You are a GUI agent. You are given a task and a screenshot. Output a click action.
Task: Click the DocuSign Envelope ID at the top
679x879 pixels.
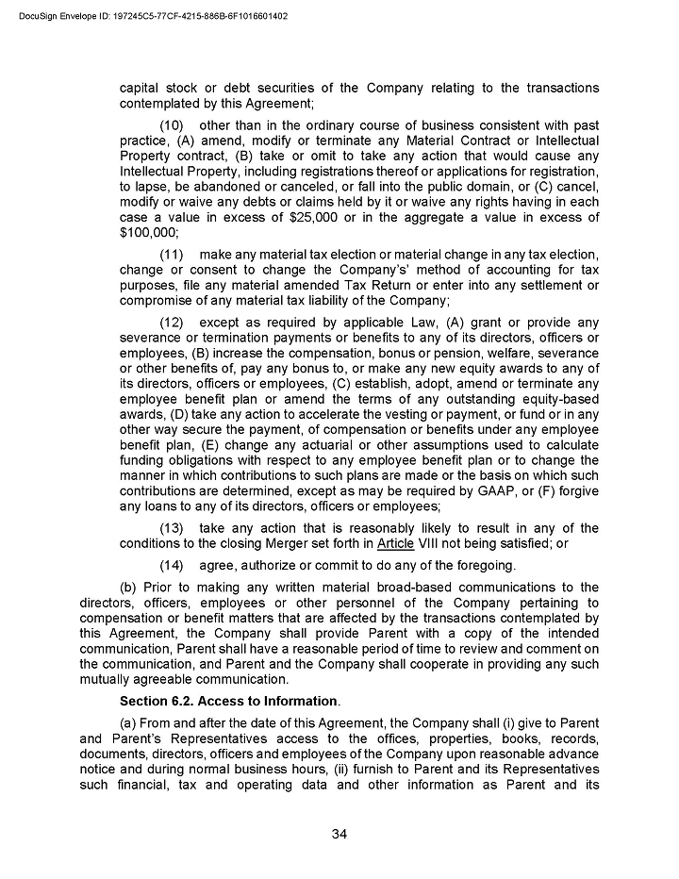tap(153, 17)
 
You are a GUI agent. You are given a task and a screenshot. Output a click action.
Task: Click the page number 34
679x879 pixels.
tap(339, 834)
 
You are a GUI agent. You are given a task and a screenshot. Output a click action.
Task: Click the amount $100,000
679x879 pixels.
tap(148, 233)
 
